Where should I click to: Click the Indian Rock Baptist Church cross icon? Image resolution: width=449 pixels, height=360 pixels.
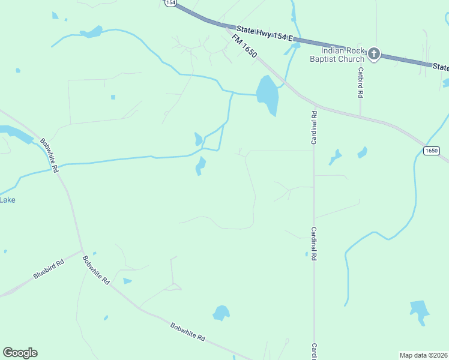373,54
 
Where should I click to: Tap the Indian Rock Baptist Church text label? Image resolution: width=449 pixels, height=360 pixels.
337,55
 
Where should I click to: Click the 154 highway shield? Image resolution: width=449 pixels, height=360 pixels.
171,3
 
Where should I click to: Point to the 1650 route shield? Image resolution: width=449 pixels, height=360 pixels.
431,150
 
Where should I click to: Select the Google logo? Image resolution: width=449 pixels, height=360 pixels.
20,353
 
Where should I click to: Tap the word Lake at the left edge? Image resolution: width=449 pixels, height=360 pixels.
7,200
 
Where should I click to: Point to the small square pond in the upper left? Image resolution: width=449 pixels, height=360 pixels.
113,97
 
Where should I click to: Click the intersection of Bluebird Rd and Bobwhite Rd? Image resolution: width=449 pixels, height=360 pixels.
82,251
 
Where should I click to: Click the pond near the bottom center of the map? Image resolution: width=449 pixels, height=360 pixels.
221,313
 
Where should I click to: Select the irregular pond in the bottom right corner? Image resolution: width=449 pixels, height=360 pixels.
420,310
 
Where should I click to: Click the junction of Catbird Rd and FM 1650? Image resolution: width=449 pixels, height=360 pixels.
360,115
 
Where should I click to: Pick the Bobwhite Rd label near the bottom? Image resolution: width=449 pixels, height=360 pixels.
187,332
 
